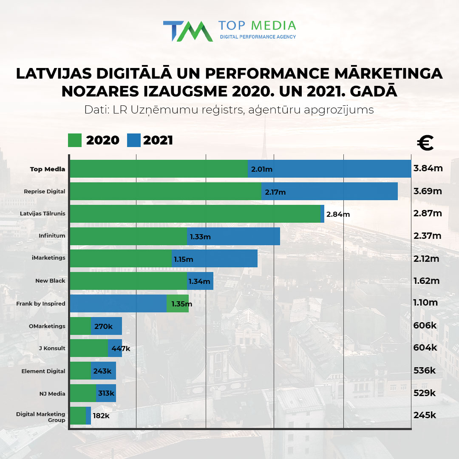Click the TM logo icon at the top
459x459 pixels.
188,31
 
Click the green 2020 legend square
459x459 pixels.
74,140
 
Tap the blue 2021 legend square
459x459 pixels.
133,140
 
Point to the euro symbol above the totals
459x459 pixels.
425,143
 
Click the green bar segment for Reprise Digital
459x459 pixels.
166,191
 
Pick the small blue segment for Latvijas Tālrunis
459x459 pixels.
322,213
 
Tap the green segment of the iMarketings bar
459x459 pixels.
121,258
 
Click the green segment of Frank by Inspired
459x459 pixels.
178,303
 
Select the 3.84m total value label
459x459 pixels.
428,168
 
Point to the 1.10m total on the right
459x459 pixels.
425,303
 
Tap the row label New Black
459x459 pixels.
50,280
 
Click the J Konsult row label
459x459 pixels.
52,348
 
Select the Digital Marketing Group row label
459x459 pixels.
41,416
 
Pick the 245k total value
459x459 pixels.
425,415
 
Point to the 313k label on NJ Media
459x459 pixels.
106,394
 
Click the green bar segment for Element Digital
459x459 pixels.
80,371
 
